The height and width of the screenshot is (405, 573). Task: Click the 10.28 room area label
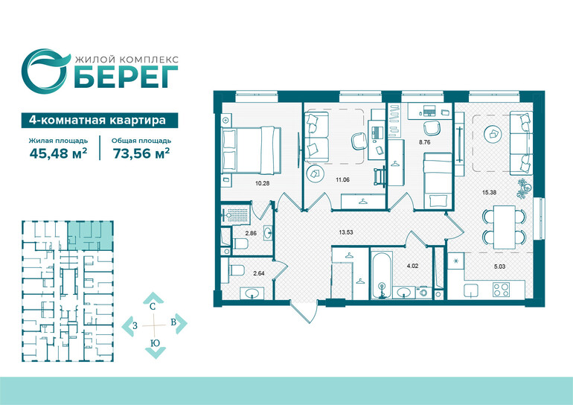pos(263,183)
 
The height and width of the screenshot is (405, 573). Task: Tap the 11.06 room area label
pos(342,179)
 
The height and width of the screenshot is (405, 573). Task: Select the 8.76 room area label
pos(425,142)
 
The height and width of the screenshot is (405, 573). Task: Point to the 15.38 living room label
pos(490,192)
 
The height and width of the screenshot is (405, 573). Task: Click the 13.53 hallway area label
pos(346,232)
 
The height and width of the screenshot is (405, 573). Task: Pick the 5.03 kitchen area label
pos(499,267)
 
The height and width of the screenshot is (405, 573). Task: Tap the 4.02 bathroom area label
pos(412,266)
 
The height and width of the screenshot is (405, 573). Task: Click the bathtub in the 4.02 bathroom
pos(382,275)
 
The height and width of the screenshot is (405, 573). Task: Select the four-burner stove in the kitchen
pos(501,290)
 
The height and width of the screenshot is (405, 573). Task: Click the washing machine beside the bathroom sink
pos(423,293)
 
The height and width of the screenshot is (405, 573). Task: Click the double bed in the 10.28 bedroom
pos(252,150)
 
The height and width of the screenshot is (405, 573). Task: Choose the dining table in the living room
pos(505,227)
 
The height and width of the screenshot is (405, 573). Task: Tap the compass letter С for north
pos(153,307)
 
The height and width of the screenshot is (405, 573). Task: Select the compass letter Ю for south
pos(155,343)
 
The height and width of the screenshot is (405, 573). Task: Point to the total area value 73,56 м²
pos(141,153)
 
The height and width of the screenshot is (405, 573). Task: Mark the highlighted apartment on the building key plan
pos(90,235)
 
